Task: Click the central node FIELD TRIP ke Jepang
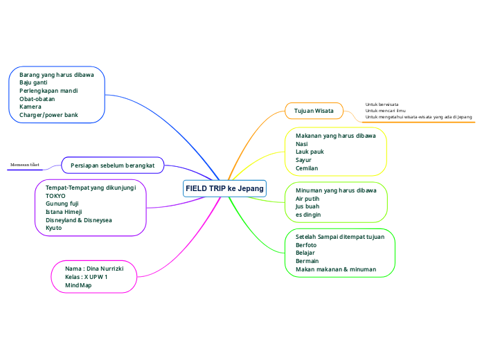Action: (x=225, y=189)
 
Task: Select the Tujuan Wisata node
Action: (x=314, y=111)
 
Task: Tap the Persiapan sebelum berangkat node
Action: (x=112, y=165)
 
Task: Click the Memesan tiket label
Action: (x=25, y=165)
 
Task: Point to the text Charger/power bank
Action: (x=48, y=115)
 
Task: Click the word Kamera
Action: (x=30, y=107)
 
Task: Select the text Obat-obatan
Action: (x=37, y=99)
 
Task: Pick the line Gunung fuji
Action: (x=62, y=204)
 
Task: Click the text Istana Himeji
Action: (x=64, y=212)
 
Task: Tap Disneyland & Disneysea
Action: (x=78, y=219)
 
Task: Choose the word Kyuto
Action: (x=53, y=228)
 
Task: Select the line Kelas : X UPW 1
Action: (x=86, y=276)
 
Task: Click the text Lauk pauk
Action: (x=310, y=152)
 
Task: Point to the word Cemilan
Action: (x=307, y=168)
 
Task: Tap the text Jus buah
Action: (x=307, y=206)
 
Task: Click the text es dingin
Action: (x=308, y=215)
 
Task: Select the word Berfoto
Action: (x=306, y=245)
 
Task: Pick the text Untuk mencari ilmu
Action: (x=385, y=111)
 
